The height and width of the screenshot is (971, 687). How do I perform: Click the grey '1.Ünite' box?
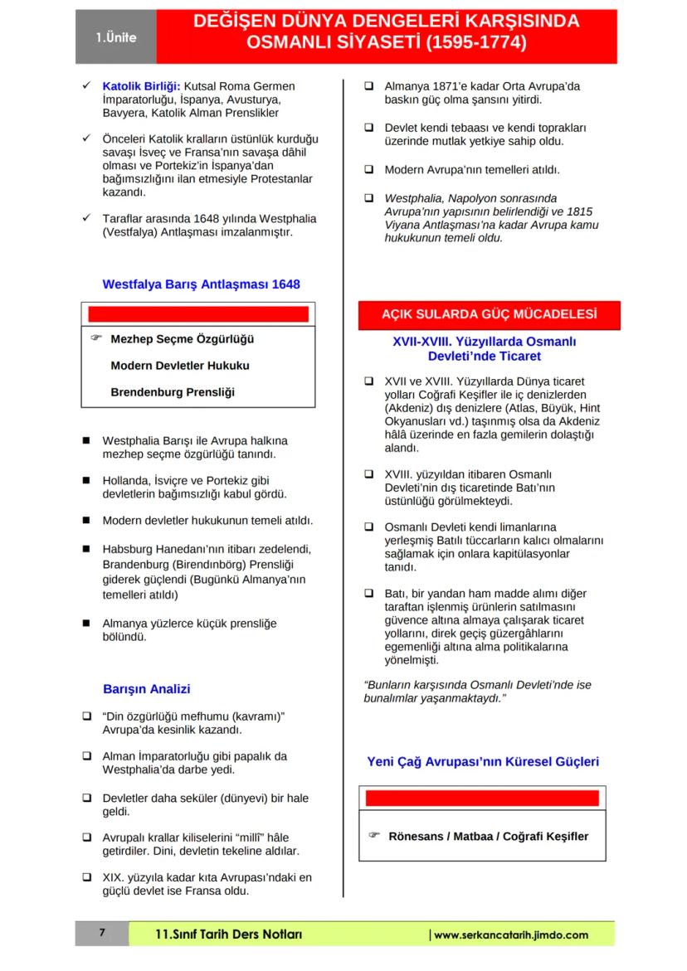(115, 37)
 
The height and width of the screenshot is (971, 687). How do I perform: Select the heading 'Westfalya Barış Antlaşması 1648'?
(201, 284)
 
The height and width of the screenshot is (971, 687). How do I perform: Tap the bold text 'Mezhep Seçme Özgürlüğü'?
(182, 339)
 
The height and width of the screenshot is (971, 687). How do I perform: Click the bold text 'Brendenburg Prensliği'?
(172, 392)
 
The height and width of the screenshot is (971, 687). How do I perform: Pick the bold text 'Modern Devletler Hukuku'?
(179, 366)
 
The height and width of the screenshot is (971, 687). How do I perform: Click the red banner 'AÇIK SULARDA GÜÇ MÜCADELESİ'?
(489, 314)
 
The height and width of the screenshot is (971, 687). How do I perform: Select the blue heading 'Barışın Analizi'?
(147, 689)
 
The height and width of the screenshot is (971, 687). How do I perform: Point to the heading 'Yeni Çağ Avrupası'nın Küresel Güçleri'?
(483, 761)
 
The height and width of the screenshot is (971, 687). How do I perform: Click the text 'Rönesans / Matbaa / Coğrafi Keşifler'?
(488, 836)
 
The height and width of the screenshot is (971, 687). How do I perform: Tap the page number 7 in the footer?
(102, 934)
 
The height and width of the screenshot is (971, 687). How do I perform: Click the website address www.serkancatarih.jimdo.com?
(513, 935)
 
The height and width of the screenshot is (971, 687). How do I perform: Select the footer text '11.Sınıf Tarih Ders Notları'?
(229, 935)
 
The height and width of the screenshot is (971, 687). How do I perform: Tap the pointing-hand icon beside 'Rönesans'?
(373, 835)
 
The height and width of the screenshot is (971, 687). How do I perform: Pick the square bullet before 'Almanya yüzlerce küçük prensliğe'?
(85, 623)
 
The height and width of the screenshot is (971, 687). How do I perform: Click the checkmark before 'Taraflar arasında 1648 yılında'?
(85, 218)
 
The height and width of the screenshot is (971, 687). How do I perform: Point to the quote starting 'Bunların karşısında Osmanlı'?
(477, 692)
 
